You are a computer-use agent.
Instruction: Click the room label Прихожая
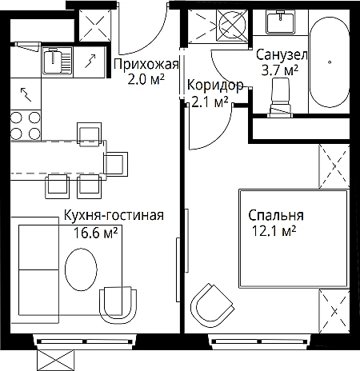146,65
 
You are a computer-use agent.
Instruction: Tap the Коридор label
215,86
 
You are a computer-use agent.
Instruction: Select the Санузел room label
282,55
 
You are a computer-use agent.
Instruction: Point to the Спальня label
276,215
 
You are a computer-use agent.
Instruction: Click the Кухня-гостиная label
114,215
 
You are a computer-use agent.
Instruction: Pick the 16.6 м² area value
95,233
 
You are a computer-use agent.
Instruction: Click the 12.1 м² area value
274,231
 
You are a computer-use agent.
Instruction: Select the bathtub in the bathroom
330,62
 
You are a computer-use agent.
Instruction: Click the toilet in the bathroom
280,97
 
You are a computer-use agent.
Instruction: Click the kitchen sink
57,61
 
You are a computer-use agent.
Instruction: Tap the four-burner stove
26,126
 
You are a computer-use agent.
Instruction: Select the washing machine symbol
232,26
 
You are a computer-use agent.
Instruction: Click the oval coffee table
81,269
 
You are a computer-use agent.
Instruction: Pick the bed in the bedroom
294,238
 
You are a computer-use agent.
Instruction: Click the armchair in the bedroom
213,304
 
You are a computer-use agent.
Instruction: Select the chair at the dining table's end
116,164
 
